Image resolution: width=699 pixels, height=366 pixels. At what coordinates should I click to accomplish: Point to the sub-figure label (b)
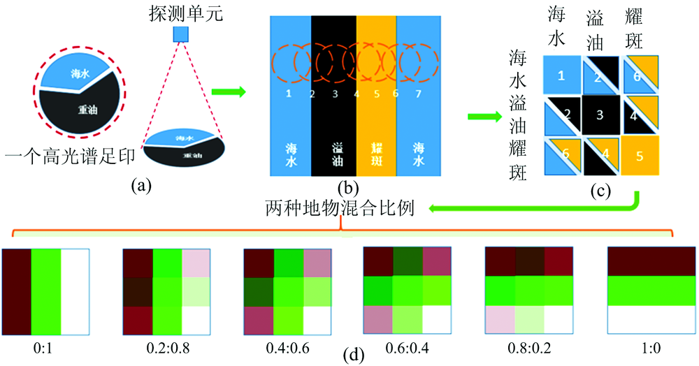click(x=347, y=186)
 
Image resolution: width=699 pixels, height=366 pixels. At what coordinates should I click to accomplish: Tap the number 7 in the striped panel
click(x=417, y=94)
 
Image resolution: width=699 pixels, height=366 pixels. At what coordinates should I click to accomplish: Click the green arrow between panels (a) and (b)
click(x=229, y=91)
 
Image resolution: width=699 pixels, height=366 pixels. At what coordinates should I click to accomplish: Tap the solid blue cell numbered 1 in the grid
click(x=561, y=75)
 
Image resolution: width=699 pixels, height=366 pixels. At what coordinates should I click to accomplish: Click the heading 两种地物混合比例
click(x=340, y=208)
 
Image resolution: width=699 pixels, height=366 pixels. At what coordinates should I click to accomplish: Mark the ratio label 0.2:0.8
click(x=161, y=344)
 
